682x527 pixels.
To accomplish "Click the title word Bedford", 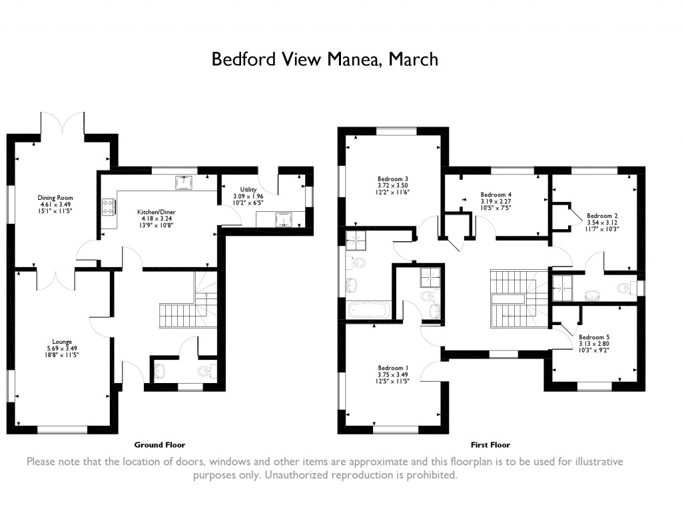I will pyautogui.click(x=241, y=60).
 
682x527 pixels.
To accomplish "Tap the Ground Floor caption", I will pyautogui.click(x=160, y=444).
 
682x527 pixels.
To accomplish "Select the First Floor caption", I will pyautogui.click(x=490, y=444).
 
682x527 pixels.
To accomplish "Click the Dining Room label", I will pyautogui.click(x=55, y=198).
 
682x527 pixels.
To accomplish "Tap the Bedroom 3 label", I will pyautogui.click(x=392, y=179).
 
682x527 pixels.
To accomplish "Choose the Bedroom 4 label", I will pyautogui.click(x=496, y=195).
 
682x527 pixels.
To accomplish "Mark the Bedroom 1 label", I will pyautogui.click(x=393, y=368).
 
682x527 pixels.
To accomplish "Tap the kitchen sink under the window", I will pyautogui.click(x=183, y=182).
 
